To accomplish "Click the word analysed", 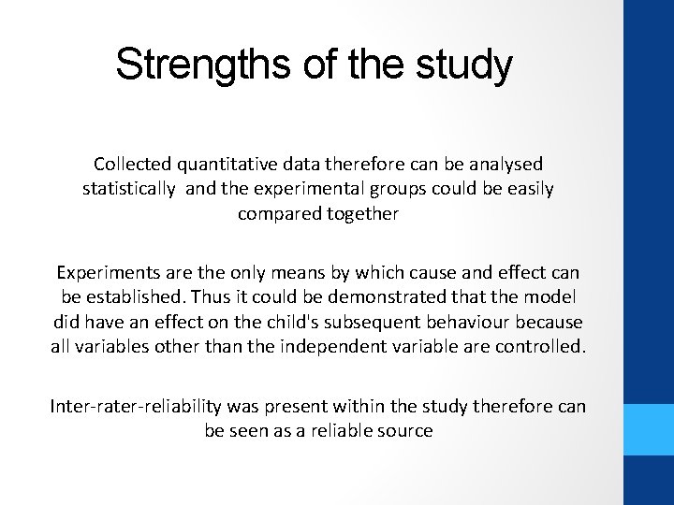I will [x=504, y=164].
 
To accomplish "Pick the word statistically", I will [x=128, y=189].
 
